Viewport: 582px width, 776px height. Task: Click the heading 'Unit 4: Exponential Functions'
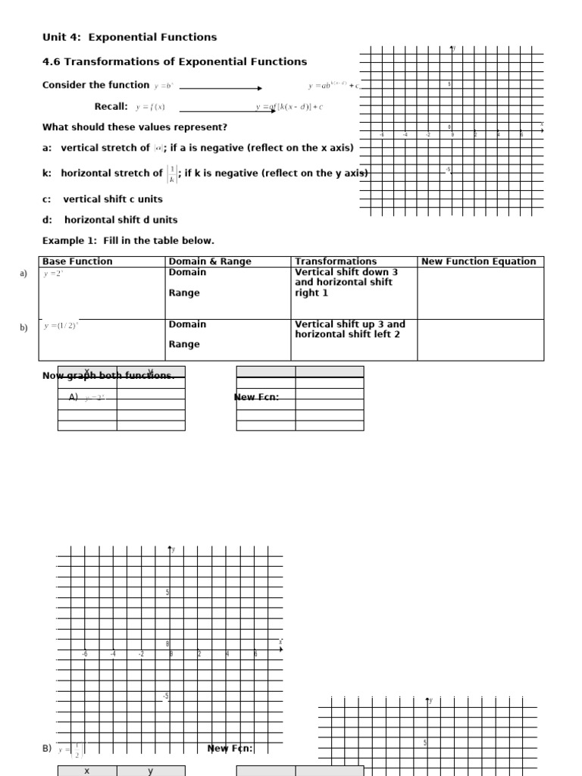pos(129,37)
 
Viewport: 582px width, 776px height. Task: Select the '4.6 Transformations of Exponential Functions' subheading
pos(174,61)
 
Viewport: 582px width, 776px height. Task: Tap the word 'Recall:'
pos(111,107)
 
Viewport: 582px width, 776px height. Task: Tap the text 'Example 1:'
pos(66,240)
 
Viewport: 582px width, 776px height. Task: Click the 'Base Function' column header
pos(77,261)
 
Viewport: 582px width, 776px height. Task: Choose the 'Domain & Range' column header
pos(210,261)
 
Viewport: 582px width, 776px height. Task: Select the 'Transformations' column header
pos(336,261)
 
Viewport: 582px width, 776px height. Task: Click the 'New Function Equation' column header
pos(478,261)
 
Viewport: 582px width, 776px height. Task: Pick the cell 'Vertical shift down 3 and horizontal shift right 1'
pos(346,283)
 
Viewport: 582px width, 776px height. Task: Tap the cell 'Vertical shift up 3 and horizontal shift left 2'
pos(349,329)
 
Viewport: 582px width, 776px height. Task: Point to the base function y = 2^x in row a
pos(54,274)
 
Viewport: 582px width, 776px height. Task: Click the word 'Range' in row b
pos(184,344)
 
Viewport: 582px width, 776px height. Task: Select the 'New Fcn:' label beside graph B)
pos(230,749)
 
